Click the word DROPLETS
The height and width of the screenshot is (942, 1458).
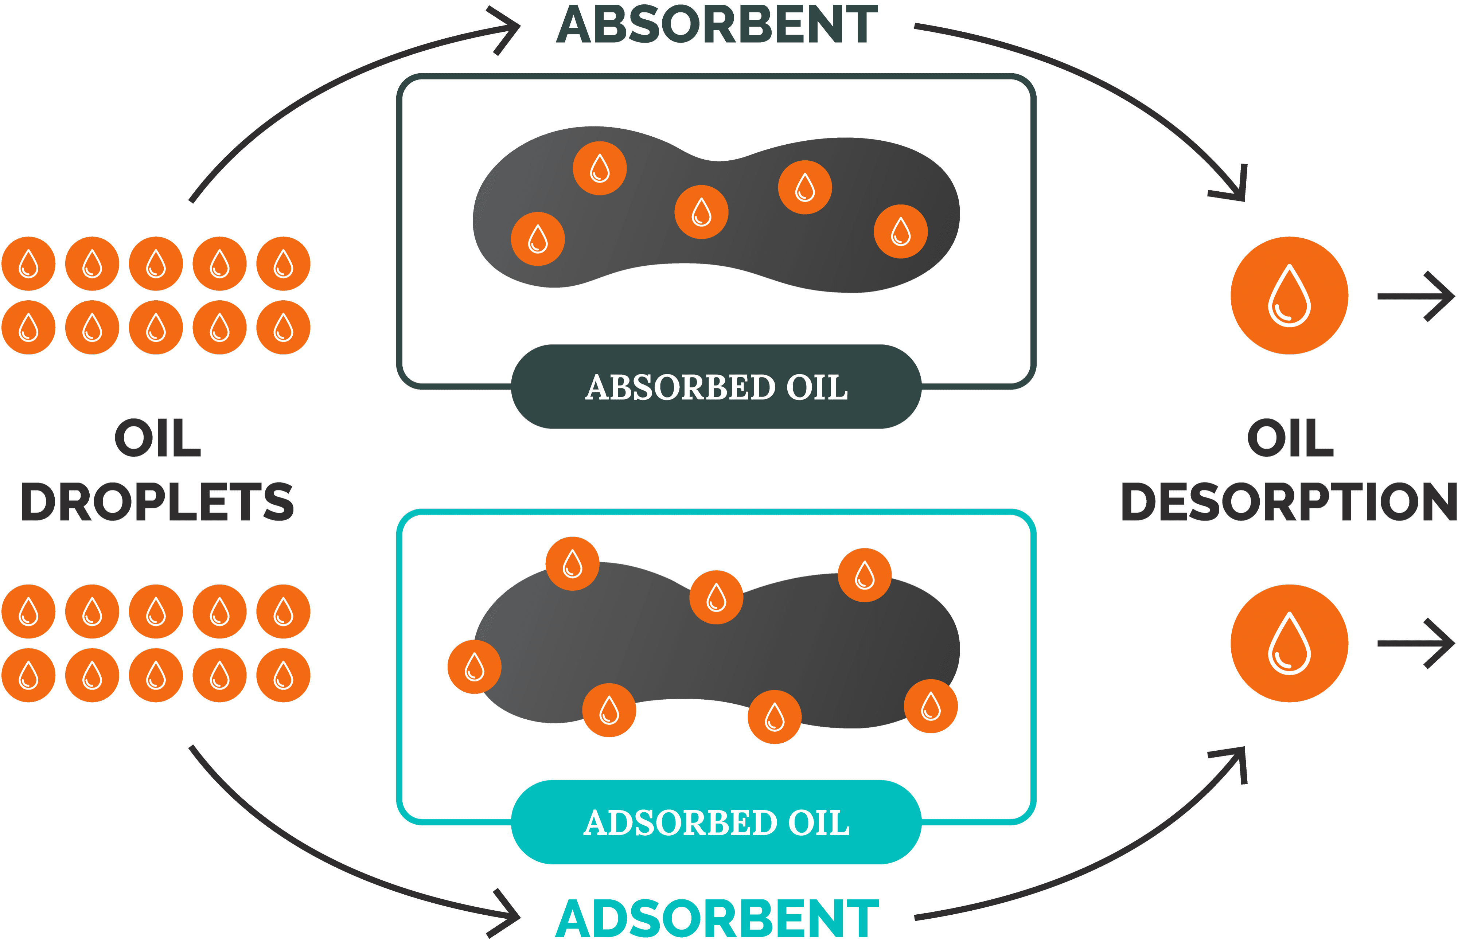(x=157, y=501)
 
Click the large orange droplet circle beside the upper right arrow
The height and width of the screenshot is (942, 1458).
(x=1289, y=296)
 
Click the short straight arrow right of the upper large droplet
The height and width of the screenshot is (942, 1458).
(x=1416, y=296)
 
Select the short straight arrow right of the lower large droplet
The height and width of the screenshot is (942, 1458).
(x=1416, y=644)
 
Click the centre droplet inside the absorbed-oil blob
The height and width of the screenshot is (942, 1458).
(x=701, y=212)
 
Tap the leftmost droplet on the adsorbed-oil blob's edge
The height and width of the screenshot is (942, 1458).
(x=474, y=667)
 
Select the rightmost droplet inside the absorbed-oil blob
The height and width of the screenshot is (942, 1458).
(x=901, y=231)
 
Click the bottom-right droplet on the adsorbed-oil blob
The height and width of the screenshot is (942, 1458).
(x=931, y=706)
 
